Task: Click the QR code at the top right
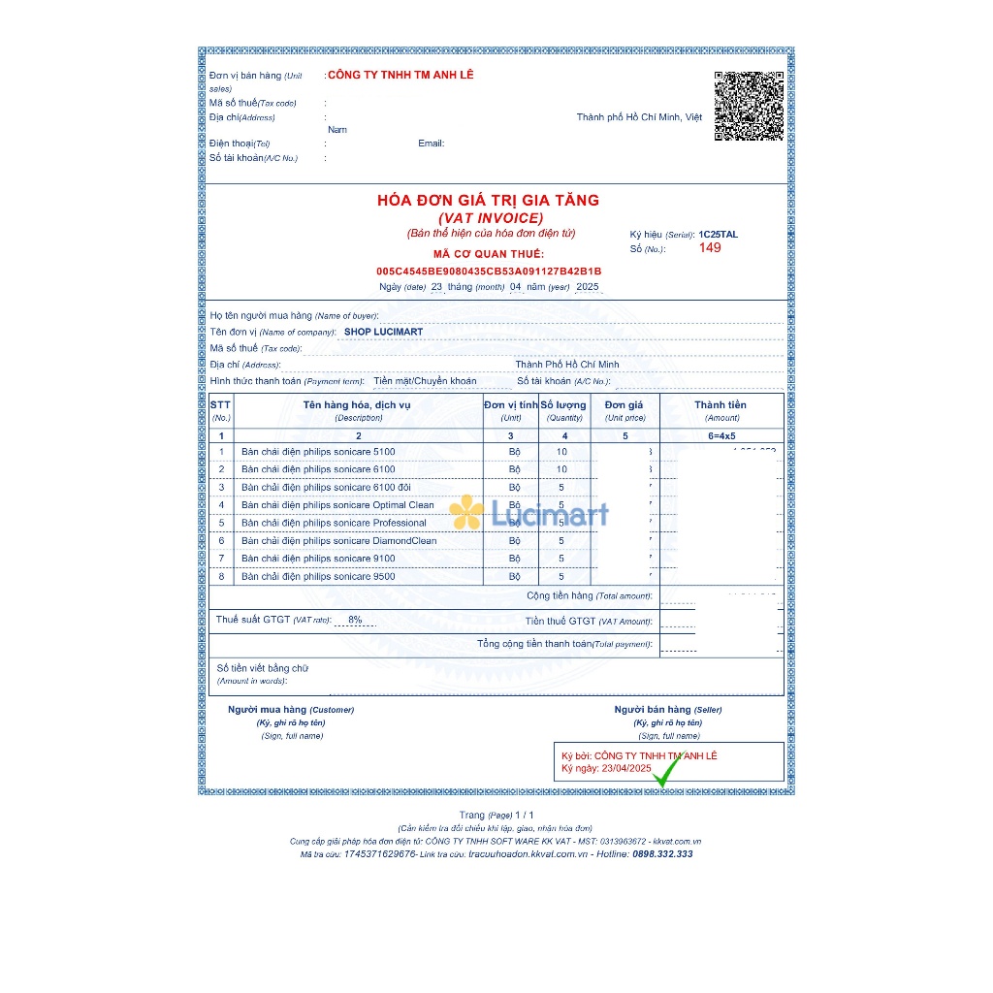tap(749, 106)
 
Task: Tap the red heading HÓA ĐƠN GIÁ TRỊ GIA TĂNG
tap(488, 201)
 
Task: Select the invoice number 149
tap(710, 248)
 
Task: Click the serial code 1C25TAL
tap(718, 235)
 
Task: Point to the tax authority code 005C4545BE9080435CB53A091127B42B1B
tap(489, 272)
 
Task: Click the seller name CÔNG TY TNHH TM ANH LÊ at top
tap(400, 75)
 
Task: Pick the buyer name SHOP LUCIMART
tap(384, 332)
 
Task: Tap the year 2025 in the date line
tap(587, 287)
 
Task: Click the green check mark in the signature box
tap(666, 773)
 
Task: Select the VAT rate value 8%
tap(355, 620)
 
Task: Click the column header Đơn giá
tap(624, 404)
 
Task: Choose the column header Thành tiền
tap(721, 404)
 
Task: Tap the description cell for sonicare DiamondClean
tap(338, 541)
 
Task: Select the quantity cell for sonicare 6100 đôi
tap(561, 488)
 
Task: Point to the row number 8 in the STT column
tap(221, 577)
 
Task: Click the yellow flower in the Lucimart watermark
tap(465, 512)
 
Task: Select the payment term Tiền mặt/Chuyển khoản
tap(425, 381)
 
